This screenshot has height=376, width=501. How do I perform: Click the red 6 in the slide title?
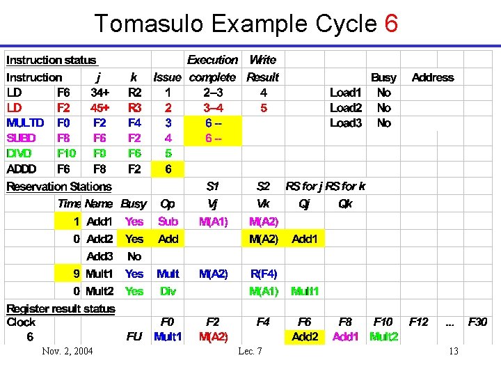[390, 24]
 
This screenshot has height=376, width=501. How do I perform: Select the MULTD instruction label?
[25, 123]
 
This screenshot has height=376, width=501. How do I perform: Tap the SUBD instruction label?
[22, 138]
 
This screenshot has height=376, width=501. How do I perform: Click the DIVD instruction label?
[20, 153]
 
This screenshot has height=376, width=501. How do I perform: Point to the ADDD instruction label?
[22, 169]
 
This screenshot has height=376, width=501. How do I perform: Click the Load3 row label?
[346, 123]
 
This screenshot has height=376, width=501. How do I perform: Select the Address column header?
[432, 77]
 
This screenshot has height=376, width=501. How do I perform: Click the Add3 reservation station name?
[99, 256]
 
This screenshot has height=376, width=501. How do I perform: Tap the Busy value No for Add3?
[134, 256]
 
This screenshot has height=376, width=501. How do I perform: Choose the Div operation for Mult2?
[168, 291]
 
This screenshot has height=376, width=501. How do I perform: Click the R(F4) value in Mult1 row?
[264, 274]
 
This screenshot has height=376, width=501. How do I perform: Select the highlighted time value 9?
[77, 274]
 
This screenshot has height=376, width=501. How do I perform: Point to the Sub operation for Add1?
[168, 221]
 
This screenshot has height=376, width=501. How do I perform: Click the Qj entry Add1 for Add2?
[304, 239]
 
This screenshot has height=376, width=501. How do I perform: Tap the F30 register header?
[477, 322]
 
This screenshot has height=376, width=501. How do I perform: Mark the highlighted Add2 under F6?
[305, 337]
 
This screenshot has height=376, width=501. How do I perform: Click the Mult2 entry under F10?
[384, 337]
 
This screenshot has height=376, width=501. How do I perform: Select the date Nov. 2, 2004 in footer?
[67, 351]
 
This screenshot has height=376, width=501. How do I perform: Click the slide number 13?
[453, 351]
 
